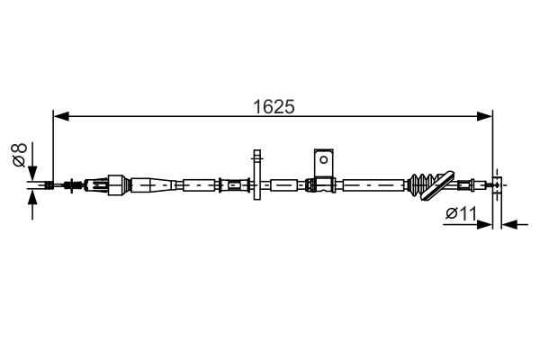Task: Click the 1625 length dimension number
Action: (274, 105)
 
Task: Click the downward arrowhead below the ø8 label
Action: (34, 174)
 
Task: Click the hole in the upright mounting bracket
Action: (323, 159)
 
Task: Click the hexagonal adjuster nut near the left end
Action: (114, 185)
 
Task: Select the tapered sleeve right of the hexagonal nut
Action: (153, 185)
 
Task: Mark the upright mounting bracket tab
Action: (323, 163)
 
